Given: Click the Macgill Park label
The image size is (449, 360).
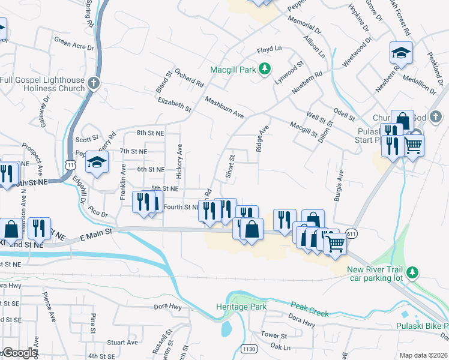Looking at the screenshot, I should [x=232, y=70].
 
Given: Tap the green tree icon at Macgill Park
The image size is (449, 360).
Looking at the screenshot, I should [x=265, y=70].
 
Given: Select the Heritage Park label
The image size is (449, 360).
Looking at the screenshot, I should [x=240, y=306].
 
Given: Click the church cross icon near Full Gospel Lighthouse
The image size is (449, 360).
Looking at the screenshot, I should [x=93, y=83].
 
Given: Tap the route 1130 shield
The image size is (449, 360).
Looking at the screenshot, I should [x=248, y=349].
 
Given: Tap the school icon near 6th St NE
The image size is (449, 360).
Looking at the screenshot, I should [x=96, y=162].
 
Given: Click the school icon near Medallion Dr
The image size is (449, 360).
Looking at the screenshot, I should [x=401, y=53].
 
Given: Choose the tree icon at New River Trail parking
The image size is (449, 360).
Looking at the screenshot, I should [x=412, y=273].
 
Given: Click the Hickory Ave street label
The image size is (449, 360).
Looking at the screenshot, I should [x=179, y=161].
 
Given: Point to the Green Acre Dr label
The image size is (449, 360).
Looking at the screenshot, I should [x=74, y=45].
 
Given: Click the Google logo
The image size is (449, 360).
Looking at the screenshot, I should [x=20, y=353].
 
